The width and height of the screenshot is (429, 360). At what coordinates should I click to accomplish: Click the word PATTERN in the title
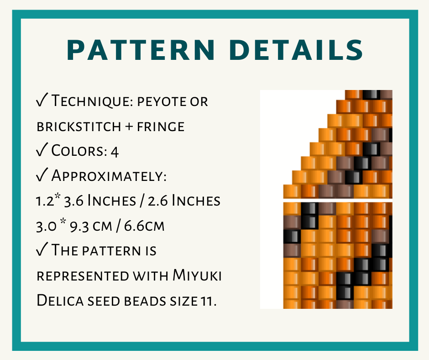[141, 50]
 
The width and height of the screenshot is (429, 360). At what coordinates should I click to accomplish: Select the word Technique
[92, 101]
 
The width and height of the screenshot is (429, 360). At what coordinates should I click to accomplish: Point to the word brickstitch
[79, 126]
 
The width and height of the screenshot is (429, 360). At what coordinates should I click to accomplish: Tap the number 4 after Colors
[115, 152]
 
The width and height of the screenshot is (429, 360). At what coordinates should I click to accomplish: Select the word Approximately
[109, 176]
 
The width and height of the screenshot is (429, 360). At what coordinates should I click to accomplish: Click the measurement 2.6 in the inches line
[157, 201]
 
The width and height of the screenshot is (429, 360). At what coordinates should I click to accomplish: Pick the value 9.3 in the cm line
[79, 226]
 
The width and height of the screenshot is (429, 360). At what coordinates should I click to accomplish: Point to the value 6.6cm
[144, 226]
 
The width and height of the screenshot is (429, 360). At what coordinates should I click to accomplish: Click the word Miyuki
[197, 275]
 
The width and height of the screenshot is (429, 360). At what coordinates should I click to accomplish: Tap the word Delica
[60, 300]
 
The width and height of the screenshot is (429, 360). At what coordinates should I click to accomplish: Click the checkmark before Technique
[42, 100]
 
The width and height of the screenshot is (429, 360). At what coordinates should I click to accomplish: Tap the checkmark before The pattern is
[42, 249]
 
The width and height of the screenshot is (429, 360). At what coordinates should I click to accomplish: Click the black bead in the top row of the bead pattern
[371, 95]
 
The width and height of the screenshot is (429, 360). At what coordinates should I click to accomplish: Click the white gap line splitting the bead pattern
[338, 200]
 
